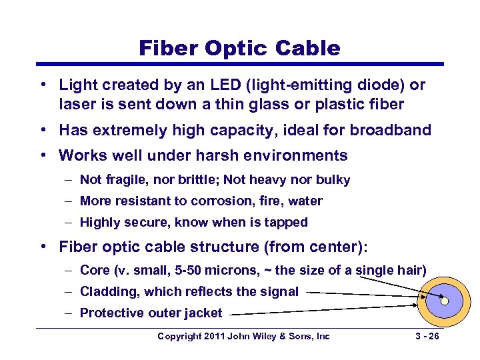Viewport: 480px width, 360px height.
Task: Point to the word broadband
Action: coord(393,130)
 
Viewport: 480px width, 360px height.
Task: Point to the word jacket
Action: coord(202,312)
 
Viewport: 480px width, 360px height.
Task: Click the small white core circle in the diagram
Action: coord(445,301)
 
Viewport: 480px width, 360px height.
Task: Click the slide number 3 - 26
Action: coord(425,336)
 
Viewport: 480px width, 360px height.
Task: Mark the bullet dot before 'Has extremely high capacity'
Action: coord(42,130)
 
